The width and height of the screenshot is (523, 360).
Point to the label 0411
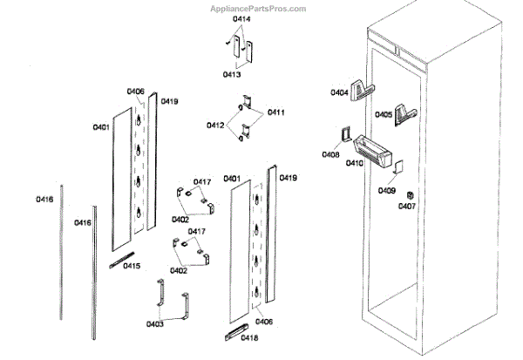click(276, 112)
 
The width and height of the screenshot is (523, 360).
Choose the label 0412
click(215, 126)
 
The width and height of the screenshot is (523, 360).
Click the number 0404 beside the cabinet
click(339, 92)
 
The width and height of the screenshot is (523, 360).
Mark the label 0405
click(384, 114)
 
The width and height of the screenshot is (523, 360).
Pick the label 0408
click(330, 154)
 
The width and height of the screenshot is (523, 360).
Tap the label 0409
click(387, 190)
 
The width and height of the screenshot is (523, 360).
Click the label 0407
click(407, 207)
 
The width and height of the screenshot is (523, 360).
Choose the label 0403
click(154, 324)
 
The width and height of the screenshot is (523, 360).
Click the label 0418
click(249, 337)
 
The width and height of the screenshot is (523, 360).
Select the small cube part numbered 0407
click(411, 194)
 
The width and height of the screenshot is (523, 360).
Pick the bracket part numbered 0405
click(407, 112)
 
